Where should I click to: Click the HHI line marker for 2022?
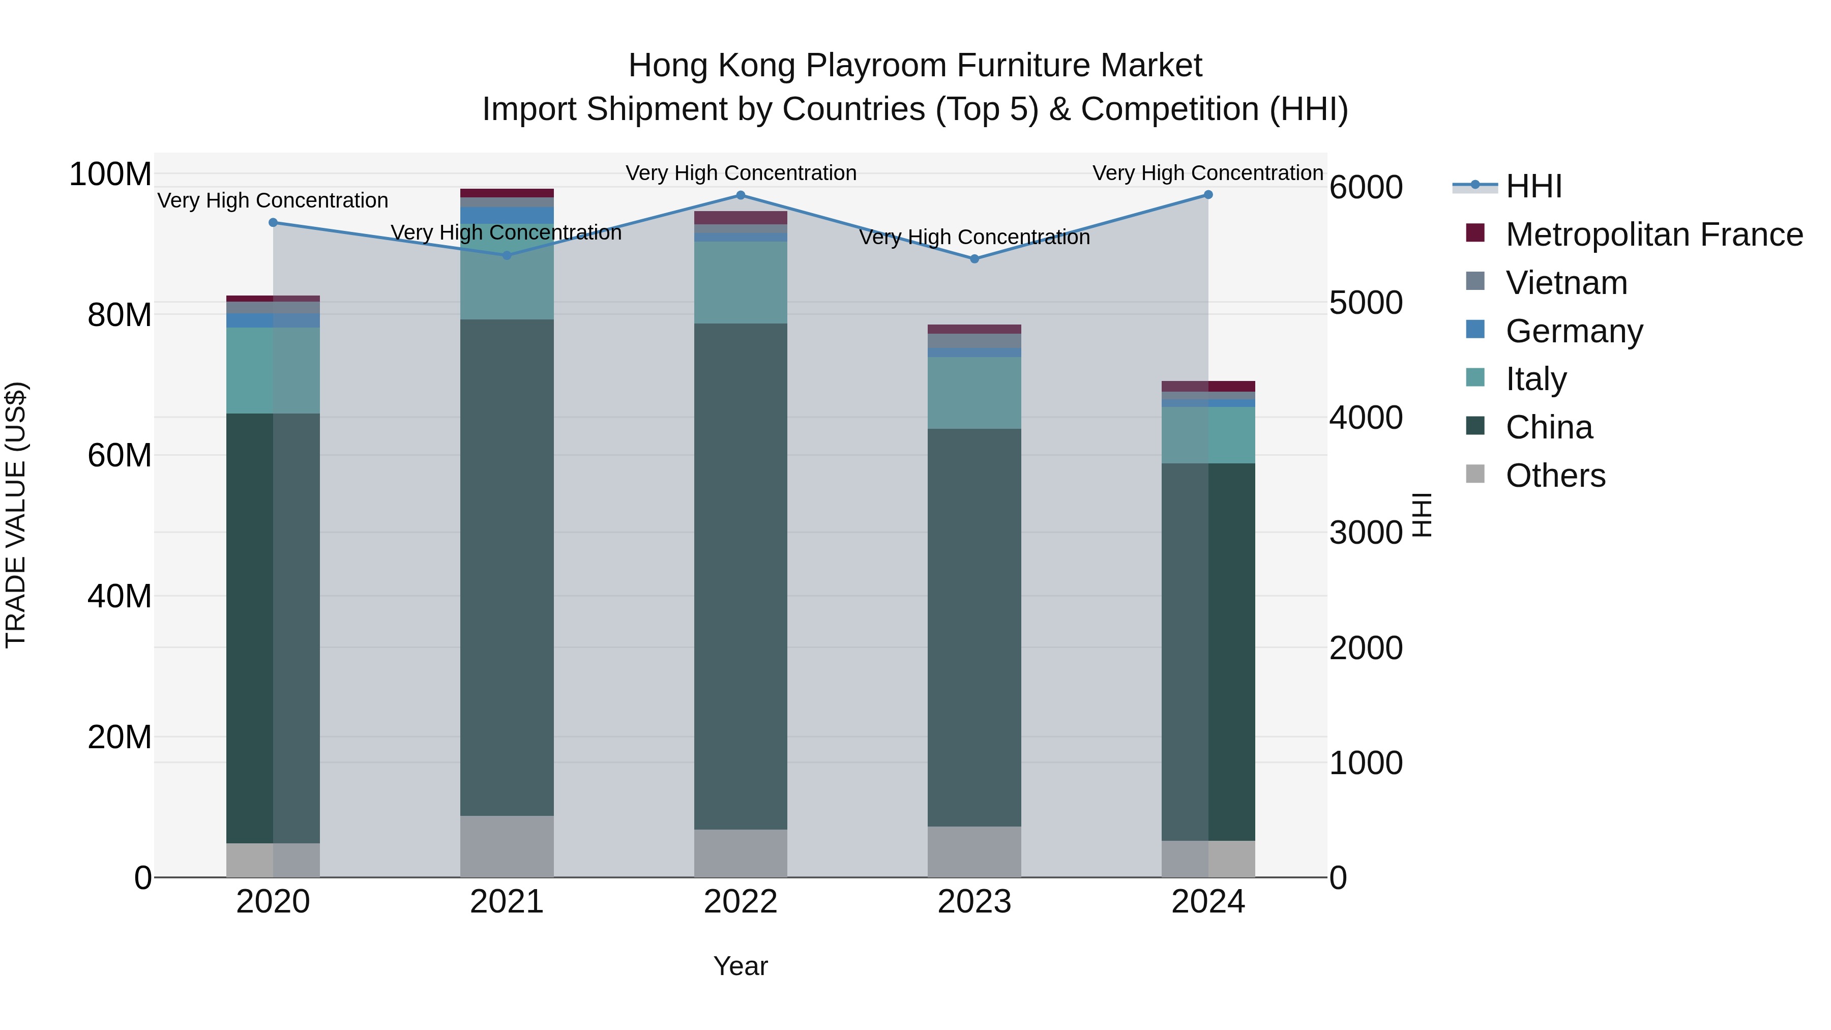click(741, 195)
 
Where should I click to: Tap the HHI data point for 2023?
click(974, 259)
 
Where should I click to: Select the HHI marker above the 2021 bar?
click(507, 256)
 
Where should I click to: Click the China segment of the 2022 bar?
click(741, 576)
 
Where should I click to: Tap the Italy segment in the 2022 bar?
click(741, 283)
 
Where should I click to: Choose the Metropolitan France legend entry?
click(1654, 234)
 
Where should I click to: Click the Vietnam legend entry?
click(1567, 283)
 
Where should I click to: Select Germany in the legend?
click(1574, 331)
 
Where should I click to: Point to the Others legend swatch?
click(1475, 474)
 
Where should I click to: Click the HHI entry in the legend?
click(1533, 186)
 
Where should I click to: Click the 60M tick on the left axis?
click(120, 455)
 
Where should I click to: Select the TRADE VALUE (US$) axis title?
click(16, 515)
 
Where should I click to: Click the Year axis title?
click(741, 966)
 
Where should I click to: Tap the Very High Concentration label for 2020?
click(273, 200)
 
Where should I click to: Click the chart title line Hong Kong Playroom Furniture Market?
click(915, 66)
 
